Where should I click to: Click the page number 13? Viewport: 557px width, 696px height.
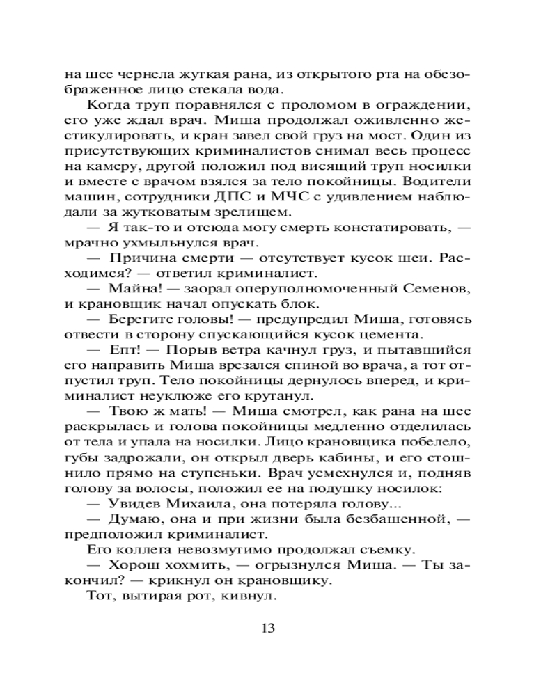pyautogui.click(x=269, y=628)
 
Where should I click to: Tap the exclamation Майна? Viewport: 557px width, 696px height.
pyautogui.click(x=130, y=289)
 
